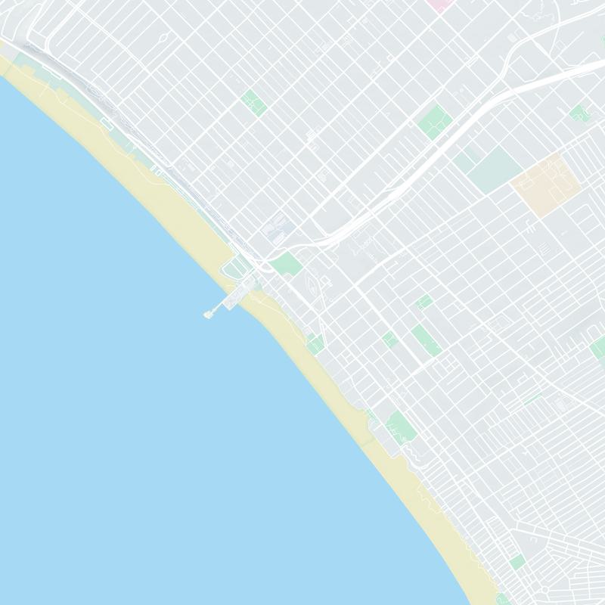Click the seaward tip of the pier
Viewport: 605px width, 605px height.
pyautogui.click(x=208, y=314)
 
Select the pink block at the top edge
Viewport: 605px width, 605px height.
pyautogui.click(x=437, y=3)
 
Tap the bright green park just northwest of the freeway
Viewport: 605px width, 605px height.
pyautogui.click(x=435, y=122)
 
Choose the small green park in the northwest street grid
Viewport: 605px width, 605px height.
pyautogui.click(x=253, y=102)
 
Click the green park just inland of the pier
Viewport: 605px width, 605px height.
pyautogui.click(x=286, y=264)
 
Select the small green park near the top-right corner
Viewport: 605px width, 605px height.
pyautogui.click(x=579, y=114)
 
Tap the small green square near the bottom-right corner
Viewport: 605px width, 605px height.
pyautogui.click(x=517, y=562)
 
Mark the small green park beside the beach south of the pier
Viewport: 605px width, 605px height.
pyautogui.click(x=315, y=344)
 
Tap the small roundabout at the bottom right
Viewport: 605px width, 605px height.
pyautogui.click(x=544, y=589)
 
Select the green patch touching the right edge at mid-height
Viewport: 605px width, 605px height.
pyautogui.click(x=597, y=348)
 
